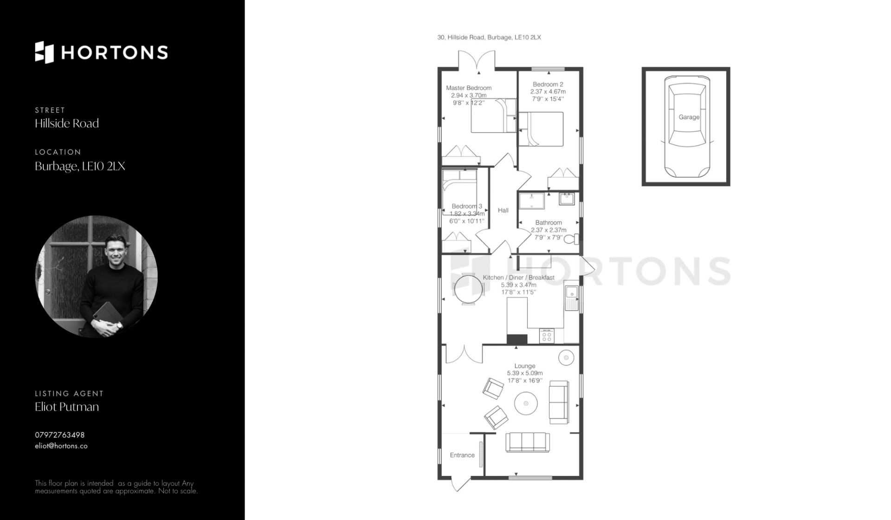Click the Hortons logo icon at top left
(x=45, y=52)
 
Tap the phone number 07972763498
(x=60, y=435)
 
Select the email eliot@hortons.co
(x=61, y=446)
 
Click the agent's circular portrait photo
(x=97, y=276)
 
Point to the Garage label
(x=689, y=117)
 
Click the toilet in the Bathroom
(x=571, y=239)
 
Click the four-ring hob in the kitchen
(x=547, y=336)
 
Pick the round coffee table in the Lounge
(x=526, y=403)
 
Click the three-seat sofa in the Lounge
(x=528, y=442)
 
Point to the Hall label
(x=503, y=210)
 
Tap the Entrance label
(x=462, y=455)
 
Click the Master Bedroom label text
(x=469, y=88)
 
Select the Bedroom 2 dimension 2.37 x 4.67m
(x=548, y=91)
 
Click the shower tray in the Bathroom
(x=532, y=201)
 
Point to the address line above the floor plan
(x=489, y=37)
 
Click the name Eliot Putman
(x=67, y=407)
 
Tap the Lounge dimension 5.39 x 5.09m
(x=525, y=373)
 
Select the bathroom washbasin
(x=567, y=199)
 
